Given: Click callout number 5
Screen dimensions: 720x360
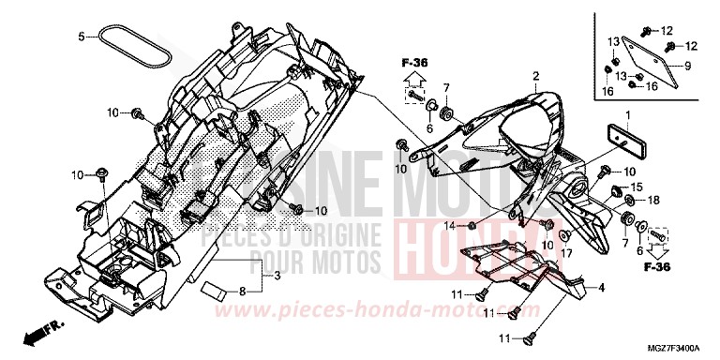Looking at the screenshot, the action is (82, 37).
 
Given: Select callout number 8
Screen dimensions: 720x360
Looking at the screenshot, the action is (242, 292).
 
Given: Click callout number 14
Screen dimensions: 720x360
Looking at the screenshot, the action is (449, 225).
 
